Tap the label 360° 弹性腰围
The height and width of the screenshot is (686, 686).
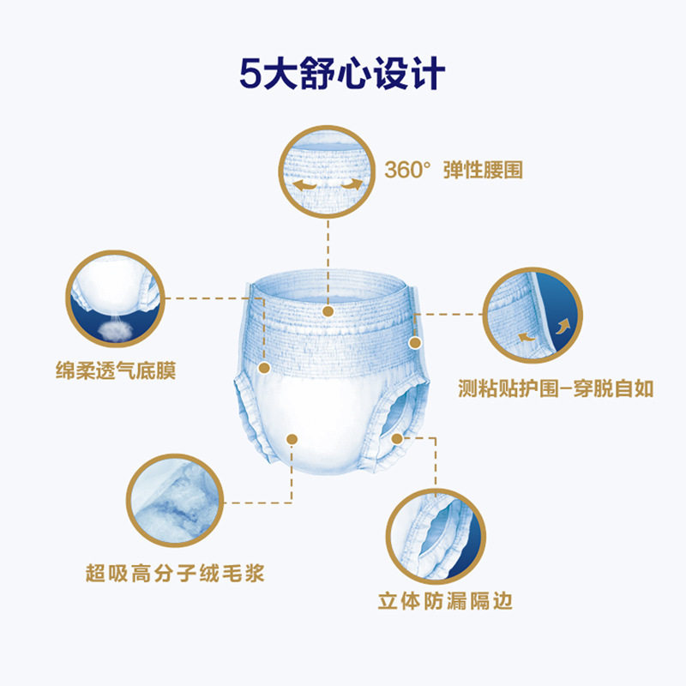pos(452,169)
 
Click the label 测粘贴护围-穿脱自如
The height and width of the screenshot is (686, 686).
pos(556,388)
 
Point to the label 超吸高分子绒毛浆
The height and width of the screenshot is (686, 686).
pos(174,572)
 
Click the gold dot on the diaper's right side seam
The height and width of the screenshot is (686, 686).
pos(415,343)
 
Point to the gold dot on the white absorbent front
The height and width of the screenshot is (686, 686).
pos(292,438)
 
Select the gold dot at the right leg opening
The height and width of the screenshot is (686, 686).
pos(397,438)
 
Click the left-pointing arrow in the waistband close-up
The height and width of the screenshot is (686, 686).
pos(302,186)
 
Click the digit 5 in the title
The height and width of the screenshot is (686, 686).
pos(250,72)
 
